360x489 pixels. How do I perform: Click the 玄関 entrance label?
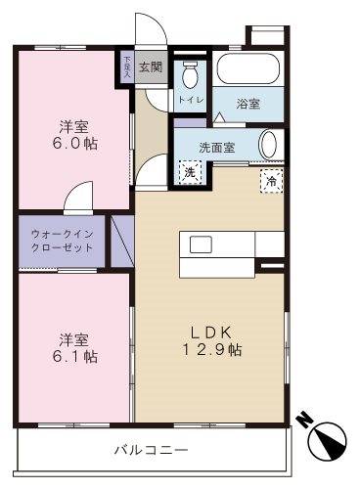click(150, 67)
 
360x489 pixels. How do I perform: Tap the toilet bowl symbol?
click(191, 74)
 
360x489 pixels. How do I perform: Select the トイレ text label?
click(191, 101)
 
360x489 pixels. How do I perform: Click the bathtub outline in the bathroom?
click(248, 70)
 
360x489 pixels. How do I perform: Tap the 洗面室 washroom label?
click(217, 148)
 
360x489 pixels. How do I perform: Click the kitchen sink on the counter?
click(201, 244)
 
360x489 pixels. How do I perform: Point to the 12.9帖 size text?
click(210, 350)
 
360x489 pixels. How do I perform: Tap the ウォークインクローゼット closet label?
click(63, 241)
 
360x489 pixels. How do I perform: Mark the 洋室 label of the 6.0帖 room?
click(73, 126)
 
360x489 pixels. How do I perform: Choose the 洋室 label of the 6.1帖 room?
click(74, 339)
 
